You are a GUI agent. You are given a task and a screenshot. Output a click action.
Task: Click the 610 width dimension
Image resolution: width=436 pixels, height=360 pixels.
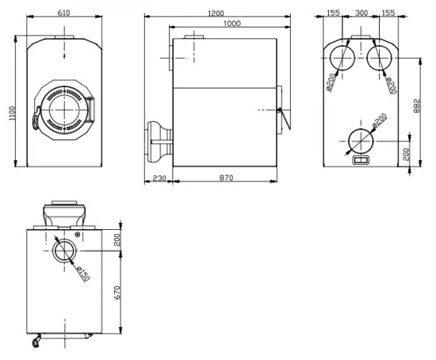pos(63,13)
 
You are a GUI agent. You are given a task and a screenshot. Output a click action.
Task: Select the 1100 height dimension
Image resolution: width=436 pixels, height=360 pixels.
pos(12,113)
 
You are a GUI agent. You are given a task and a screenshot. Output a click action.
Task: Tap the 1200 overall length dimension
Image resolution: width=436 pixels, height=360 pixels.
pos(216,13)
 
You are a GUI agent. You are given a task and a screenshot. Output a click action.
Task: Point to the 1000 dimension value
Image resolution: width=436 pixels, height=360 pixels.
pos(232,23)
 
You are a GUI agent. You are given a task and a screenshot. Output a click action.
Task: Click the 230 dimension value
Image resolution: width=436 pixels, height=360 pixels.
pos(159,178)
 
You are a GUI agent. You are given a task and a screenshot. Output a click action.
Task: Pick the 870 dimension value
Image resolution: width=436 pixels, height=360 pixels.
pos(226,178)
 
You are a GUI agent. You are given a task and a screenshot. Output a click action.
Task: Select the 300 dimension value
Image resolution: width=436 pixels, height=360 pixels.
pos(361,13)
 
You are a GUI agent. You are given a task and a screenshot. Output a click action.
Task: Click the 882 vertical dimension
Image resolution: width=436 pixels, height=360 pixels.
pos(416,105)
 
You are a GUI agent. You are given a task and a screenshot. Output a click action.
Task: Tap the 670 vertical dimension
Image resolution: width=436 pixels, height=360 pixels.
pos(117,293)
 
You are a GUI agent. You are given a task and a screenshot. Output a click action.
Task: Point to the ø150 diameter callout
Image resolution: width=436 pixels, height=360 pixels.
pos(83,274)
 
